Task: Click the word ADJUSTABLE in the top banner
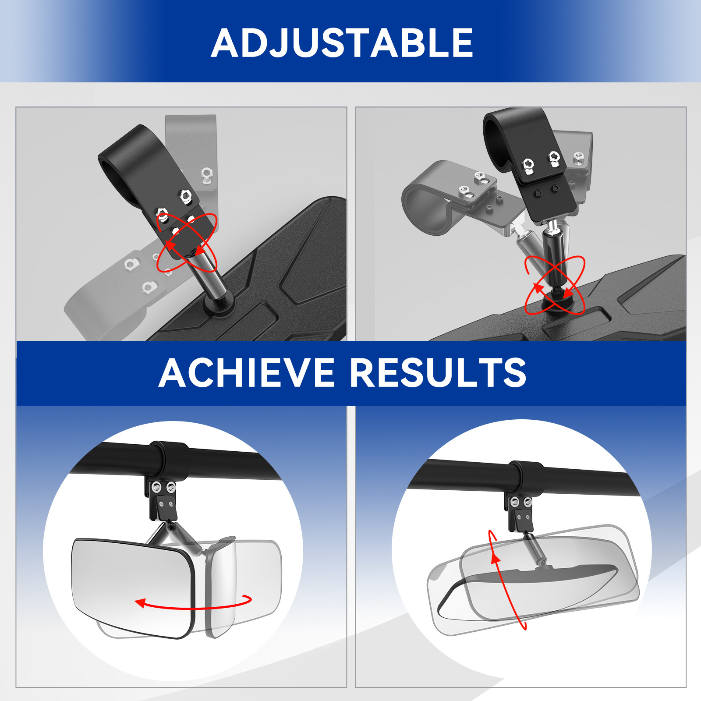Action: coord(342,42)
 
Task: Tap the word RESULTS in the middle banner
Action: coord(438,372)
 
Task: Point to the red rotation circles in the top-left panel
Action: coord(187,242)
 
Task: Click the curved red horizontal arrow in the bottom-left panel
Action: coord(193,604)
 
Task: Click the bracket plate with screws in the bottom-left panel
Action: coord(163,499)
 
